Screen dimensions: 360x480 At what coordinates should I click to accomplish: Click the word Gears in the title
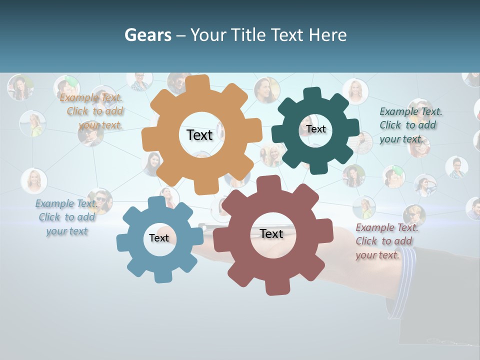(148, 35)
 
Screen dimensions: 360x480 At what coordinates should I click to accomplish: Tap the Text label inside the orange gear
(199, 135)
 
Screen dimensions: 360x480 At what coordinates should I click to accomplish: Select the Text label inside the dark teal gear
(316, 129)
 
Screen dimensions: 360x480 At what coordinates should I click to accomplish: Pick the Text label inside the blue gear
(159, 238)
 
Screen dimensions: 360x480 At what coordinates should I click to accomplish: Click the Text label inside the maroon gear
(271, 233)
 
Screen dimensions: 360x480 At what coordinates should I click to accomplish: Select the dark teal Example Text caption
(410, 125)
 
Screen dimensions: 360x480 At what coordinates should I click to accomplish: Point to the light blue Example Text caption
(66, 217)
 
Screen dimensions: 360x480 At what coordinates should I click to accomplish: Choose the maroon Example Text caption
(386, 241)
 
